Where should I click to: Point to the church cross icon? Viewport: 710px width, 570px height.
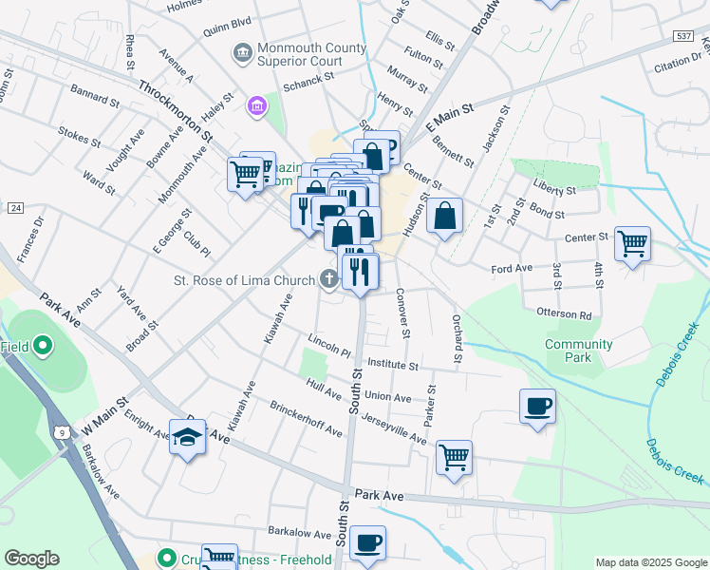(329, 278)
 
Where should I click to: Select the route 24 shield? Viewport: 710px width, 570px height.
(14, 207)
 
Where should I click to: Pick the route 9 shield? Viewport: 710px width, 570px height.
(59, 430)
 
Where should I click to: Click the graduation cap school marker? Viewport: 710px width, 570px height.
(187, 438)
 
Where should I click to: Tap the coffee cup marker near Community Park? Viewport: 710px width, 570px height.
(537, 407)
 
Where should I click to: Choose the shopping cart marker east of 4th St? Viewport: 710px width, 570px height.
(632, 242)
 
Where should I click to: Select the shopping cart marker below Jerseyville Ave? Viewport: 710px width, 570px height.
(454, 457)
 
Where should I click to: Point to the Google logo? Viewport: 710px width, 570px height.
(32, 558)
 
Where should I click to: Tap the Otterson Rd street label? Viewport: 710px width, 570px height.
(565, 314)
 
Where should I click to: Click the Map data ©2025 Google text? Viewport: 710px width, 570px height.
(650, 562)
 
